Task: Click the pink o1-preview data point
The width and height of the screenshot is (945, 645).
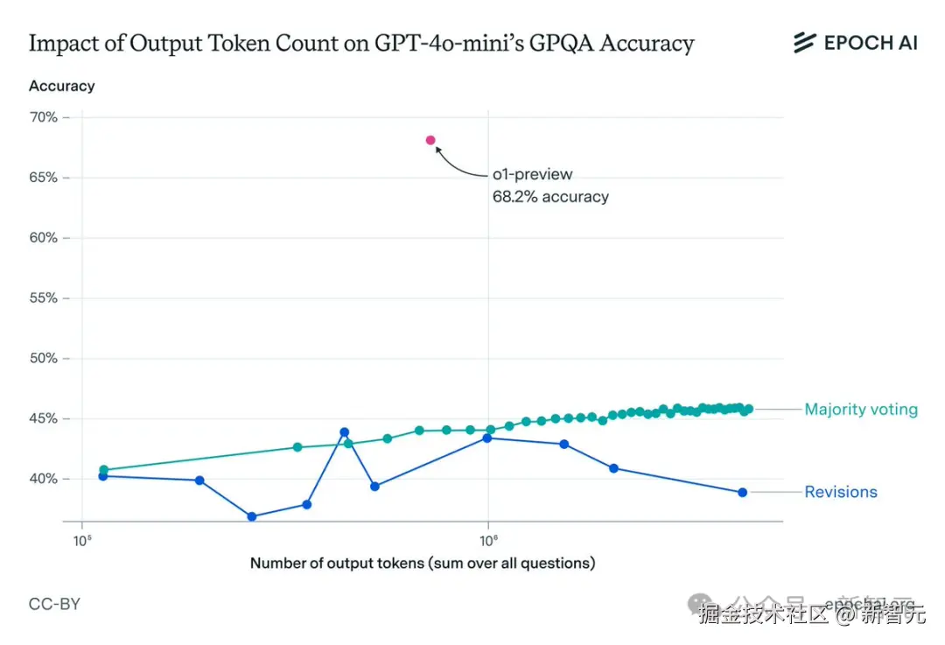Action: coord(430,140)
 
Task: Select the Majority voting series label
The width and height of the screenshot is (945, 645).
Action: coord(861,409)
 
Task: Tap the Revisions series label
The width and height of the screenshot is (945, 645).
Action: coord(840,492)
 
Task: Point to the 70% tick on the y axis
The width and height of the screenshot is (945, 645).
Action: coord(43,117)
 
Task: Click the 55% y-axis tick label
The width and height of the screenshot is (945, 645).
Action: coord(43,298)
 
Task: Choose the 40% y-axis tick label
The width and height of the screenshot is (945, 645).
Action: coord(43,480)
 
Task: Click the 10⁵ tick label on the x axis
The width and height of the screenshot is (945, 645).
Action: coord(81,539)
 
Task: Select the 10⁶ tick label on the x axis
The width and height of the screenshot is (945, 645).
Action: coord(488,539)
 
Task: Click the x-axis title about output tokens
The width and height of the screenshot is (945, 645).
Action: coord(423,563)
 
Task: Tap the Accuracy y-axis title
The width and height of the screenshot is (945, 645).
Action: coord(61,86)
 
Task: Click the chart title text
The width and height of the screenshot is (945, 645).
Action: coord(361,43)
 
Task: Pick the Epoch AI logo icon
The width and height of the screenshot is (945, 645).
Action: coord(804,42)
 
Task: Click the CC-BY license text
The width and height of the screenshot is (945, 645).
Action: coord(54,604)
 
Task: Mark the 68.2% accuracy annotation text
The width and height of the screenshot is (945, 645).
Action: coord(550,197)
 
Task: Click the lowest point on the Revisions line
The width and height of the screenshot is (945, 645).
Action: coord(252,516)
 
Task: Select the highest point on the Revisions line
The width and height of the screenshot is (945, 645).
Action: coord(344,432)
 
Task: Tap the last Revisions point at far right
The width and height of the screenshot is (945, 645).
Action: coord(742,492)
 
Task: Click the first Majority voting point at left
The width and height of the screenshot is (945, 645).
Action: coord(103,470)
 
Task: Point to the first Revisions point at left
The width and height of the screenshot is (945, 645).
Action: coord(102,476)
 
